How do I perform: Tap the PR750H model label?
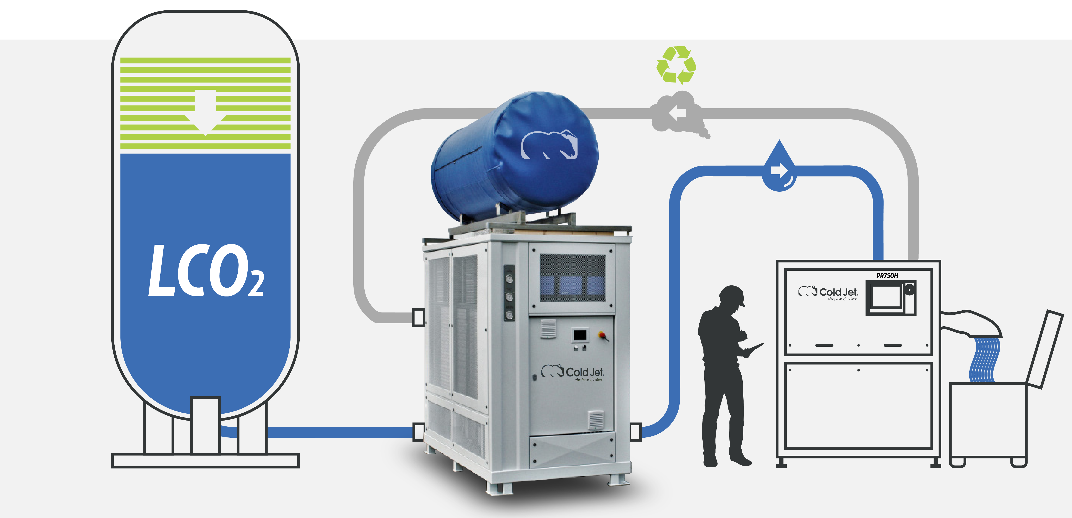(887, 275)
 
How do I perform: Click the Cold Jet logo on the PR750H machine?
(828, 292)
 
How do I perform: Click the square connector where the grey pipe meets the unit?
(418, 317)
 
